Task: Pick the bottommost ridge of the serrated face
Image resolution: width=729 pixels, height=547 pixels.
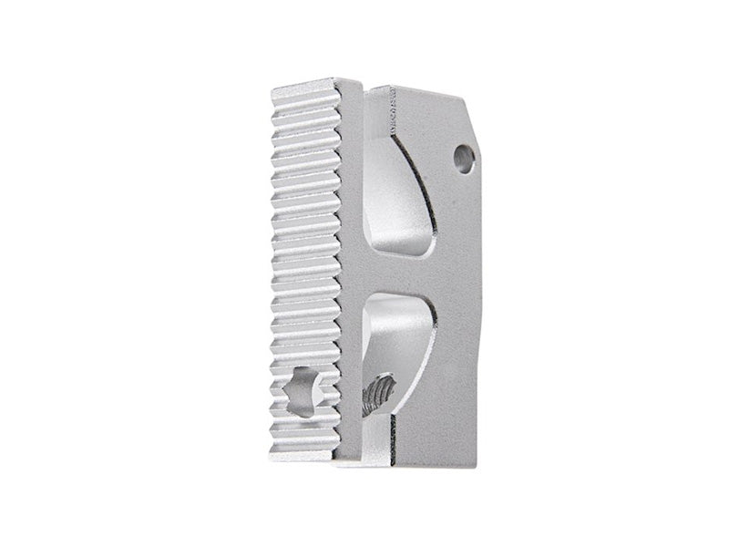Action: [305, 446]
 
